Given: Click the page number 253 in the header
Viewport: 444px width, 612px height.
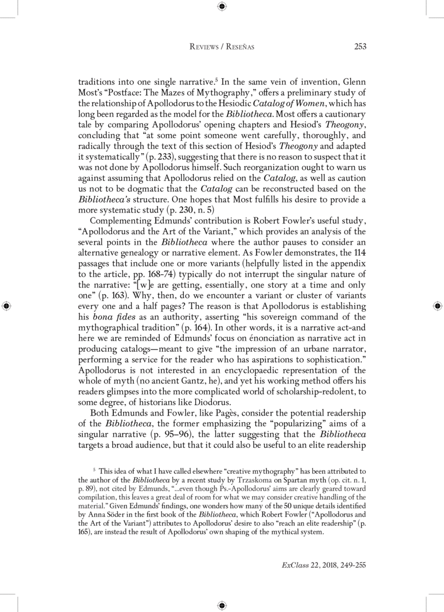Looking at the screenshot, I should (x=359, y=47).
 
